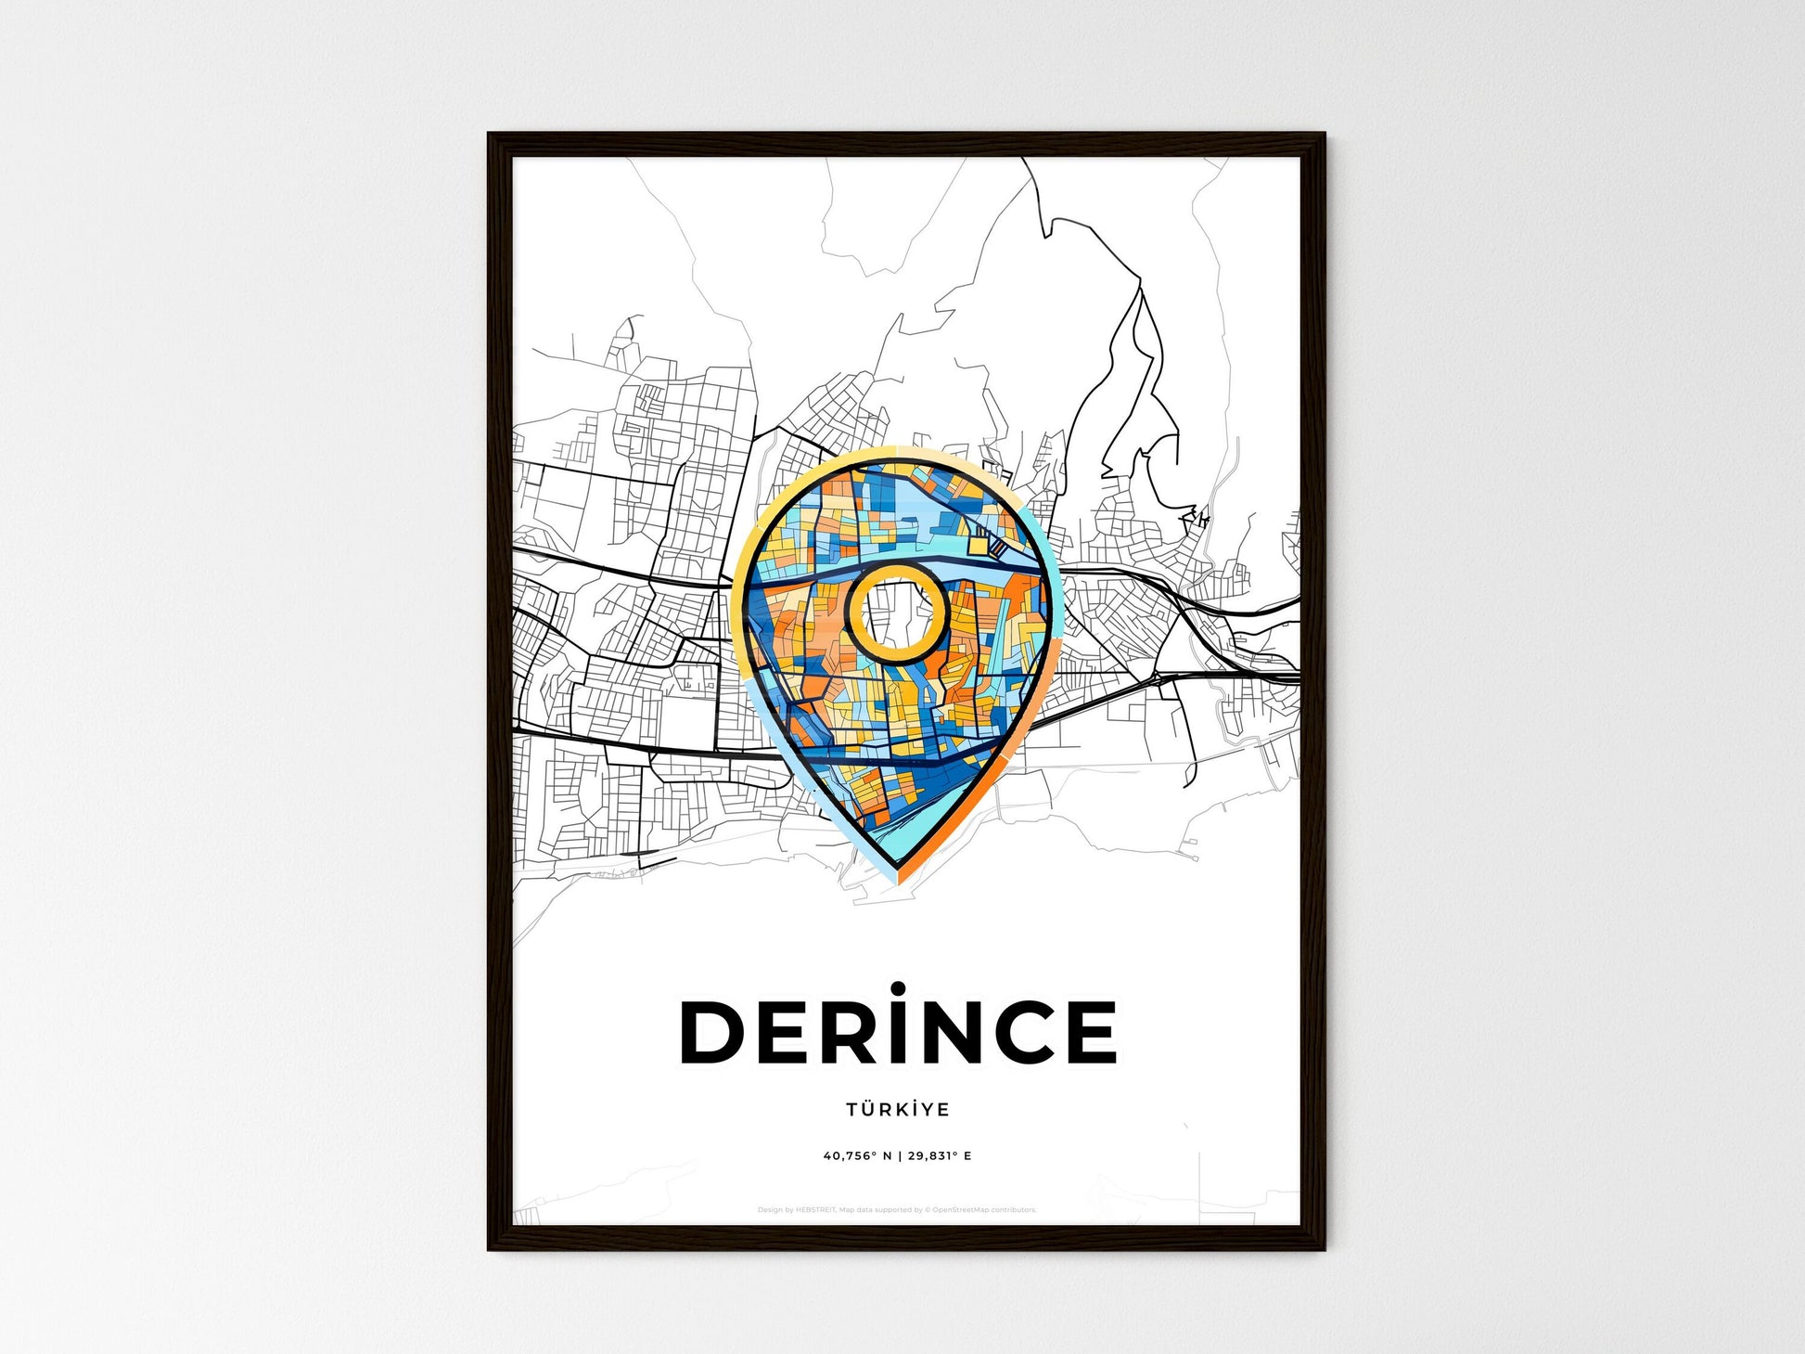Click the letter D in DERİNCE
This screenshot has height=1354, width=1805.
click(713, 1032)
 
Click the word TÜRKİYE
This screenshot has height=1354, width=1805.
click(897, 1109)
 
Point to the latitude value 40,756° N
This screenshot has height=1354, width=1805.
click(857, 1156)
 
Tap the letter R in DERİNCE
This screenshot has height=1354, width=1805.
click(846, 1032)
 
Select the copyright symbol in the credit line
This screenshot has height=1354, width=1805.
click(927, 1210)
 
